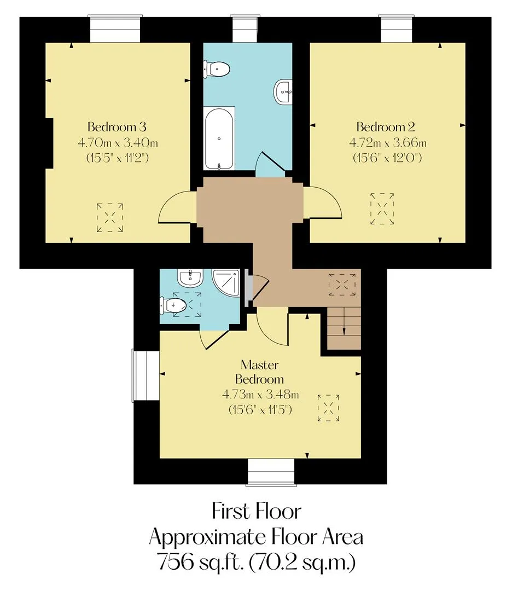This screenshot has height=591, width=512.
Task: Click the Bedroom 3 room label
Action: pyautogui.click(x=117, y=126)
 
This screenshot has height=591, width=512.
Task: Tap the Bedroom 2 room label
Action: pyautogui.click(x=386, y=126)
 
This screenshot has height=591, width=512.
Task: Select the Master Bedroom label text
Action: pyautogui.click(x=260, y=372)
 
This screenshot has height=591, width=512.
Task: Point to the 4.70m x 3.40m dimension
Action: pyautogui.click(x=118, y=143)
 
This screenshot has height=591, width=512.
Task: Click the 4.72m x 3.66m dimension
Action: pyautogui.click(x=388, y=143)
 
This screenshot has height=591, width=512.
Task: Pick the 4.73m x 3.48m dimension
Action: pyautogui.click(x=260, y=395)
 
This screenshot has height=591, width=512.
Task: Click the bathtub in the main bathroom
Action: pyautogui.click(x=219, y=138)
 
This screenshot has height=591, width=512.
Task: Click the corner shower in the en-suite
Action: pyautogui.click(x=226, y=283)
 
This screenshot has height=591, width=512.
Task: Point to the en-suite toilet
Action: pyautogui.click(x=173, y=305)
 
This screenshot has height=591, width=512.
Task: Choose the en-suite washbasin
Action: pyautogui.click(x=190, y=278)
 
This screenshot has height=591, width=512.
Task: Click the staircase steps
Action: pyautogui.click(x=344, y=328)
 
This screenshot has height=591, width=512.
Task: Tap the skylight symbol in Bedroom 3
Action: pyautogui.click(x=109, y=217)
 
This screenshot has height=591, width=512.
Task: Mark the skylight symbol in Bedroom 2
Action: pyautogui.click(x=382, y=208)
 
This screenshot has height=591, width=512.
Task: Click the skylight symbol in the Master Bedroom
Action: pyautogui.click(x=328, y=408)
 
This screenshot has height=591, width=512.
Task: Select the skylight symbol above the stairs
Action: pyautogui.click(x=342, y=285)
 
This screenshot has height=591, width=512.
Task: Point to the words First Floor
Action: pyautogui.click(x=256, y=512)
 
